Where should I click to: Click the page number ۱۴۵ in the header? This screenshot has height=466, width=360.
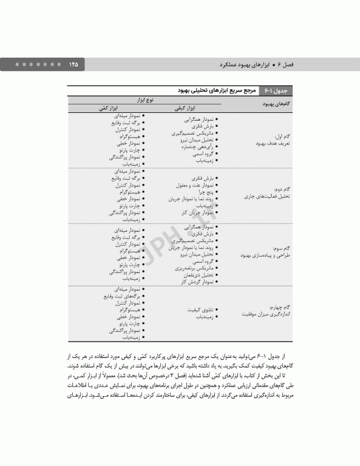tap(74, 64)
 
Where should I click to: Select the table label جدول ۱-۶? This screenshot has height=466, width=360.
tap(276, 91)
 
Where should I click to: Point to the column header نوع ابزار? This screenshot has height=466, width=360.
tap(143, 99)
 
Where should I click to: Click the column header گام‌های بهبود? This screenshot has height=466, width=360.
tap(262, 104)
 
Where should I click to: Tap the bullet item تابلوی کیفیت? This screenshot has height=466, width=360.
tap(198, 309)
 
